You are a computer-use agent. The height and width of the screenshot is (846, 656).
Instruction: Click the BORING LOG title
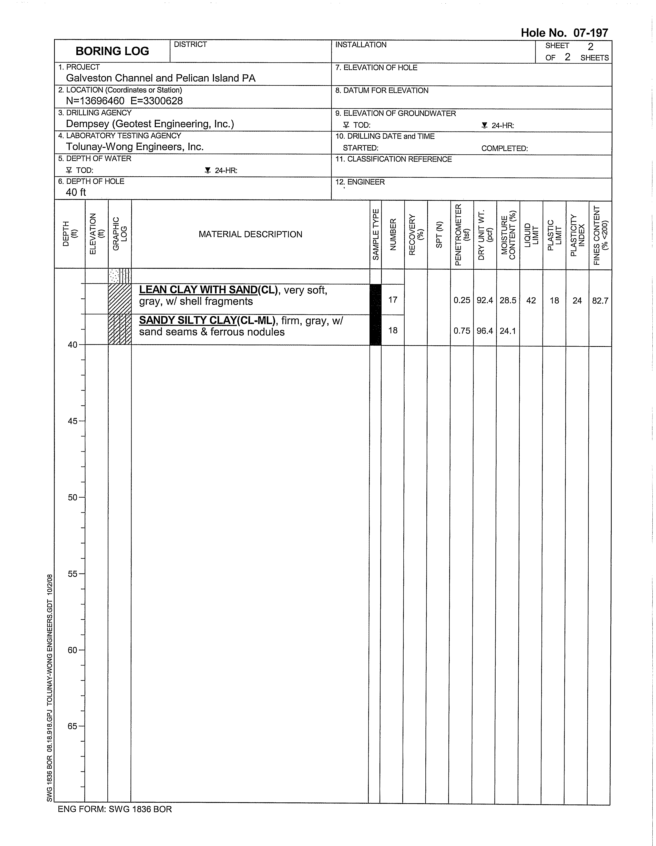coord(112,51)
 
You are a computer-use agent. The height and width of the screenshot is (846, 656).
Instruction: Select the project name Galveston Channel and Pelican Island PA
coord(160,78)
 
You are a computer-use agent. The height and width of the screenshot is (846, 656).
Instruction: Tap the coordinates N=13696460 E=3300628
coord(124,101)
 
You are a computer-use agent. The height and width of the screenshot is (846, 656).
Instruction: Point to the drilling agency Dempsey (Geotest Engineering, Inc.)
coord(150,124)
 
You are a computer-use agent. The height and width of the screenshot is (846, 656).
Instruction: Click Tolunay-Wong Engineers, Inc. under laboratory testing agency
coord(134,147)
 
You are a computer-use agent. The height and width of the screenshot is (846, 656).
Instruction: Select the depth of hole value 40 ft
coord(76,192)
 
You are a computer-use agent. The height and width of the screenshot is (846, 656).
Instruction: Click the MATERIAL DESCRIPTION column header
coord(250,234)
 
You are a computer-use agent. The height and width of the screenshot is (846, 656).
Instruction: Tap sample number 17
coord(393,300)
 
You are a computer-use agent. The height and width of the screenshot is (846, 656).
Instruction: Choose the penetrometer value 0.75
coord(462,331)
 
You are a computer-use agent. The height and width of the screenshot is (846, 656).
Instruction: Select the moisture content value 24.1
coord(508,331)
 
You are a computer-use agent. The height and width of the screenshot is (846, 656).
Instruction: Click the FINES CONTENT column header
coord(600,235)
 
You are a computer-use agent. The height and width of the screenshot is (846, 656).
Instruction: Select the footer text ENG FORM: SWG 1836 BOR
coord(115,809)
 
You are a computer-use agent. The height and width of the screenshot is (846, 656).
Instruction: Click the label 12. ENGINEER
coord(360,182)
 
